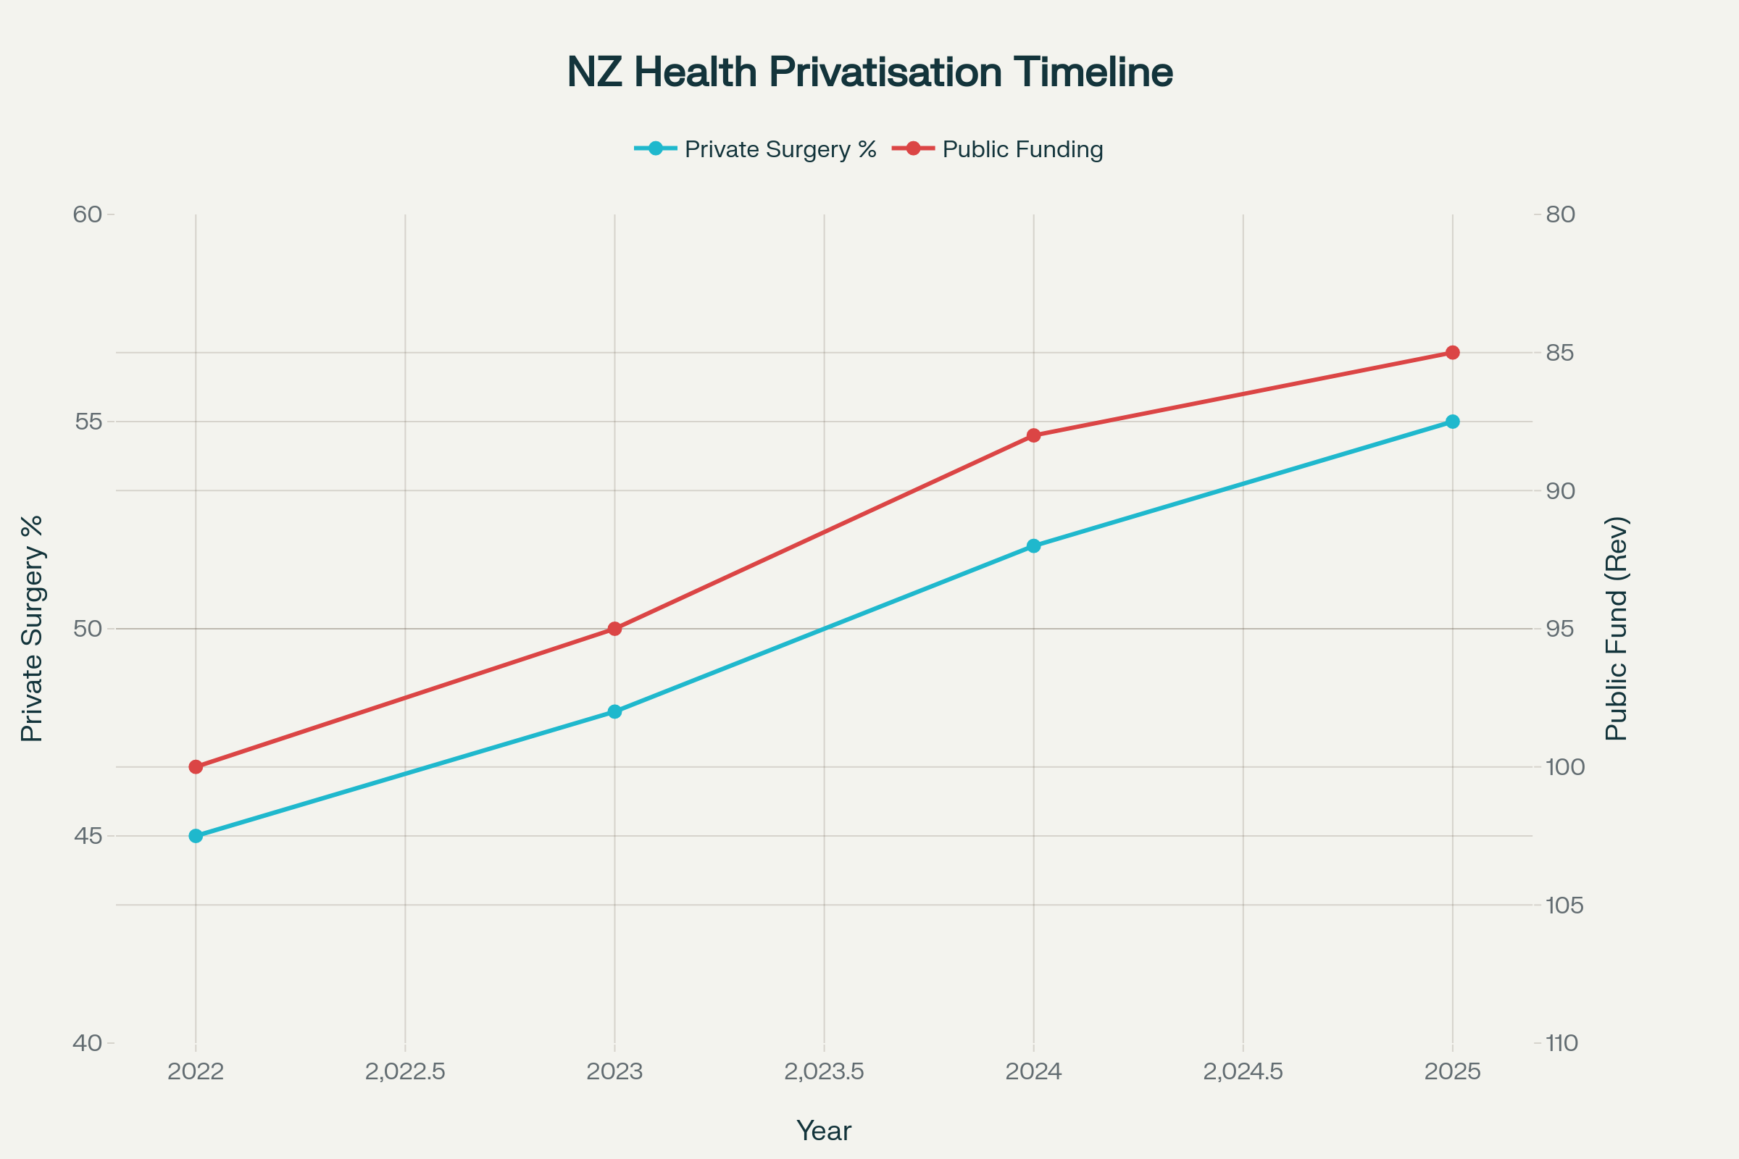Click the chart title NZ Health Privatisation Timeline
coord(869,72)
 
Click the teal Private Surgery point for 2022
coord(196,836)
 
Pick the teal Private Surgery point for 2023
coord(614,712)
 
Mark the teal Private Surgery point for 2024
coord(1034,546)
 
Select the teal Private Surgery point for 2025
coord(1452,422)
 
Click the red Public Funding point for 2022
coord(196,767)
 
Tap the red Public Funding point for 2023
coord(614,629)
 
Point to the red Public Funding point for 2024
coord(1034,435)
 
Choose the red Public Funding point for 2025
coord(1452,353)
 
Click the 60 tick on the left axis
coord(87,214)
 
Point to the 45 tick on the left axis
coord(87,836)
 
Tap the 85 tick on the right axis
coord(1559,353)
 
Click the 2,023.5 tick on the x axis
coord(824,1072)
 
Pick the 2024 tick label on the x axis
coord(1034,1072)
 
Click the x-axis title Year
coord(824,1131)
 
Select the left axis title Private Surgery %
coord(32,628)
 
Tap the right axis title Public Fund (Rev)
coord(1617,628)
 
